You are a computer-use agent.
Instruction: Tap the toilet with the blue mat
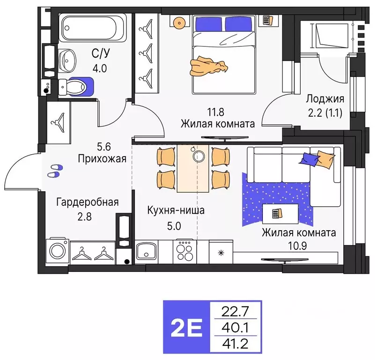77,86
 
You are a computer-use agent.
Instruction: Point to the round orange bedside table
178,22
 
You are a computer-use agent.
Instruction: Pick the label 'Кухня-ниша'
175,210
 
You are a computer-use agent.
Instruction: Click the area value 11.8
216,112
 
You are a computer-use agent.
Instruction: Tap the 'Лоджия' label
325,98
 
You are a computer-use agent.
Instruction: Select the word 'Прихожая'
102,158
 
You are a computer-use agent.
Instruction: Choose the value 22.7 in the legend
237,310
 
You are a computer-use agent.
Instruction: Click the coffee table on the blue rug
279,214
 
